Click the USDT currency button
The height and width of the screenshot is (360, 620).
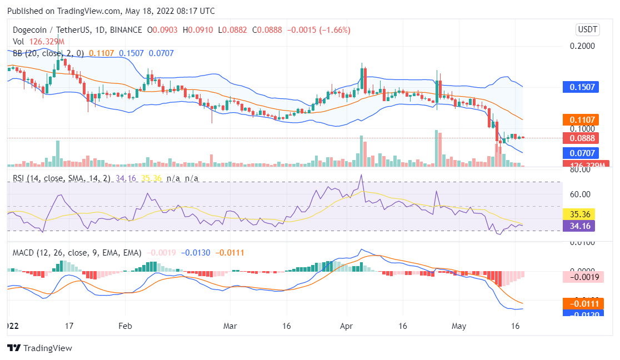588,29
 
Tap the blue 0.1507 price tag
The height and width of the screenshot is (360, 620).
580,87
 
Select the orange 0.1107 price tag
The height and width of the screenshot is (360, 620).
580,119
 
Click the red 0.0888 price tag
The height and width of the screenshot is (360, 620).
580,138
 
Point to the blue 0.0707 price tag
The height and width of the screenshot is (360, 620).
580,153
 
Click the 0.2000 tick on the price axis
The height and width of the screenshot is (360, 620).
583,46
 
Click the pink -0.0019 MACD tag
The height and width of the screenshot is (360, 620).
580,277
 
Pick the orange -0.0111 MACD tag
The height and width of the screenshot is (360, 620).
580,303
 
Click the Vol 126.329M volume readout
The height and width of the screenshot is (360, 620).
38,42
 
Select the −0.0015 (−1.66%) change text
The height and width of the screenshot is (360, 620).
318,30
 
